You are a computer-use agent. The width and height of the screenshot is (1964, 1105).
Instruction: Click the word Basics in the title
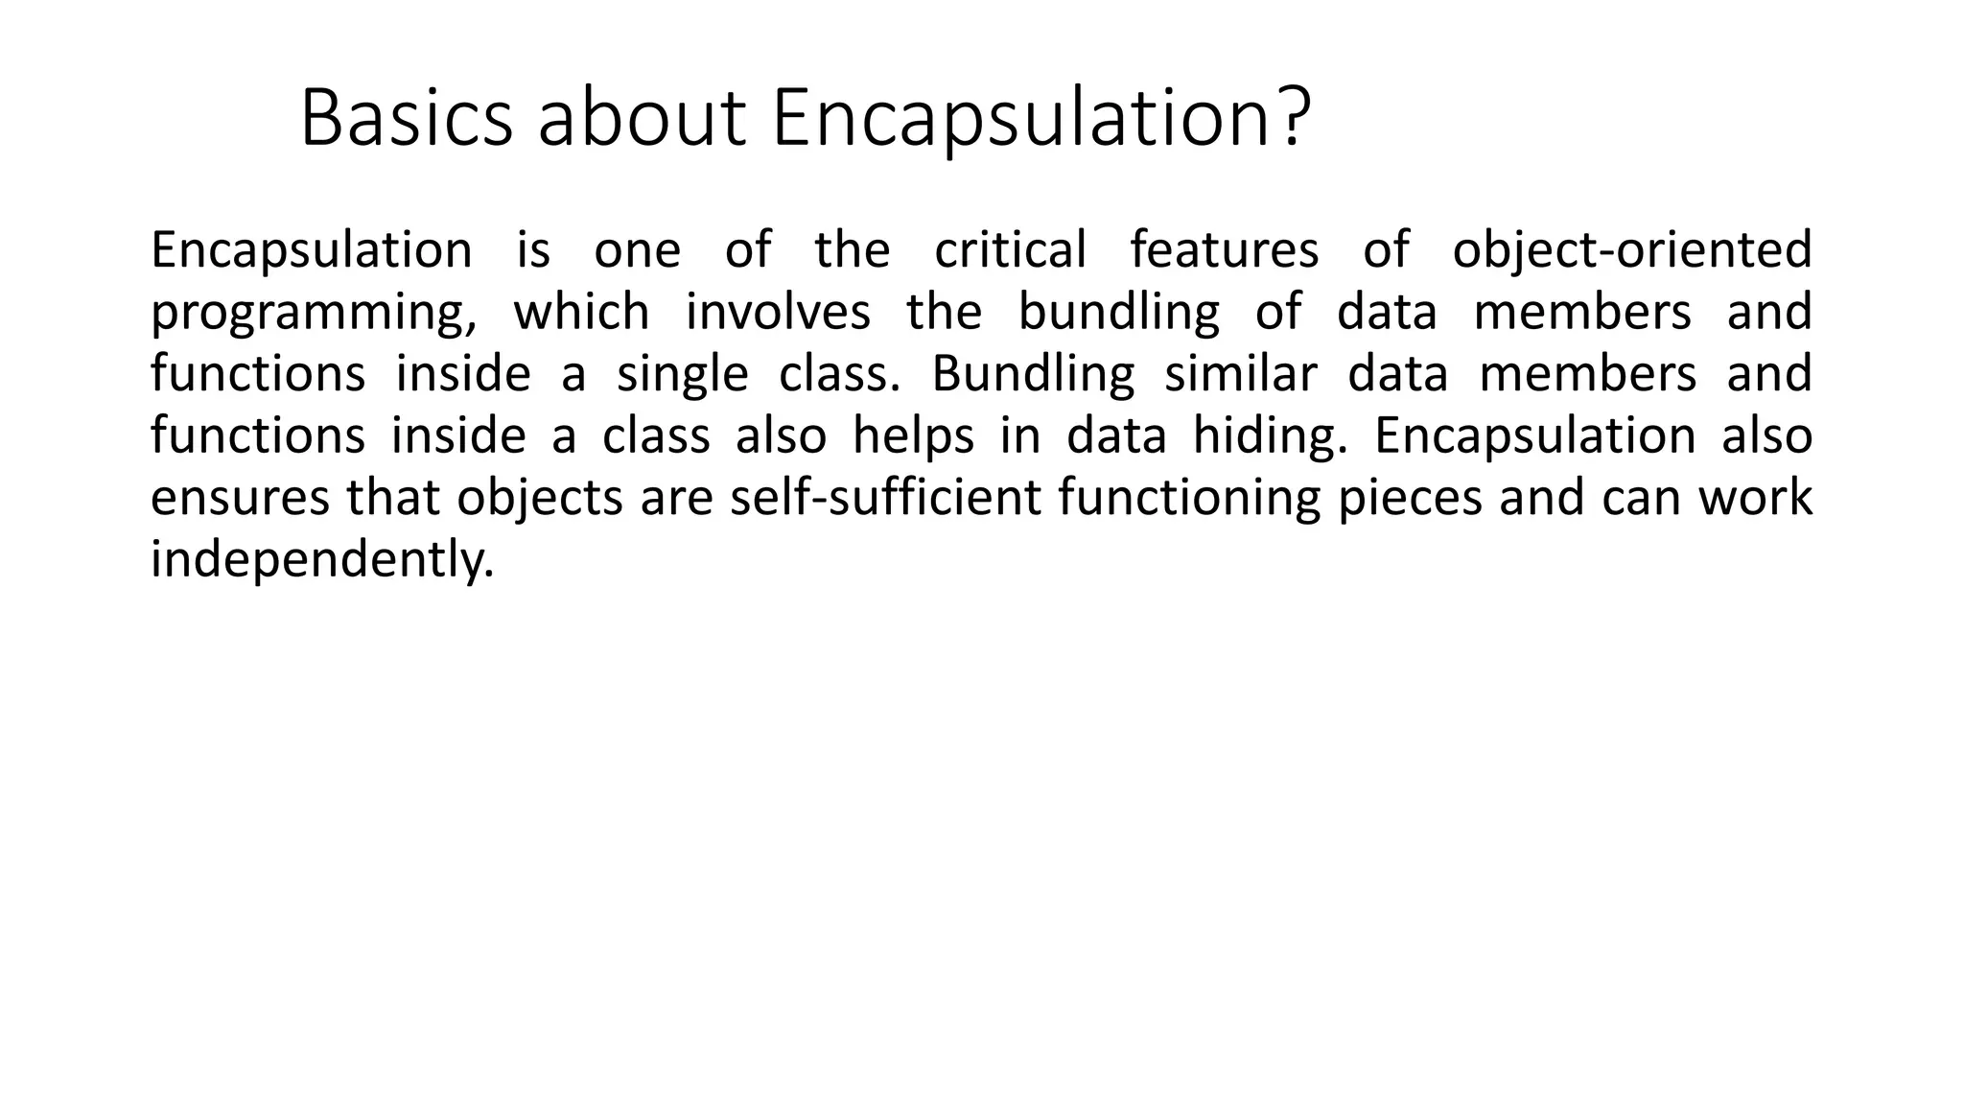point(407,119)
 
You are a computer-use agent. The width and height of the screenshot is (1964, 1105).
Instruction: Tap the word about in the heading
point(642,119)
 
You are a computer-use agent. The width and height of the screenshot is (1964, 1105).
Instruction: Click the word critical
point(1010,249)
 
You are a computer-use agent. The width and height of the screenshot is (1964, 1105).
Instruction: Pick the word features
point(1224,249)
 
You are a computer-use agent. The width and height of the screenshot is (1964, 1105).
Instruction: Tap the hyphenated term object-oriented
point(1632,251)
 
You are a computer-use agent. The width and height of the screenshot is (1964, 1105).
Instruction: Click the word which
point(581,312)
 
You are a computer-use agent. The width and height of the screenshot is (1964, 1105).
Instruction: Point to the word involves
point(778,312)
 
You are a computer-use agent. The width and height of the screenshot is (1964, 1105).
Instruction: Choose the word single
point(682,375)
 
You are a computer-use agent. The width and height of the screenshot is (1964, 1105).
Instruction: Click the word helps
point(913,437)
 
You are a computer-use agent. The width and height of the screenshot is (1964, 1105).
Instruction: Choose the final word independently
point(322,560)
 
